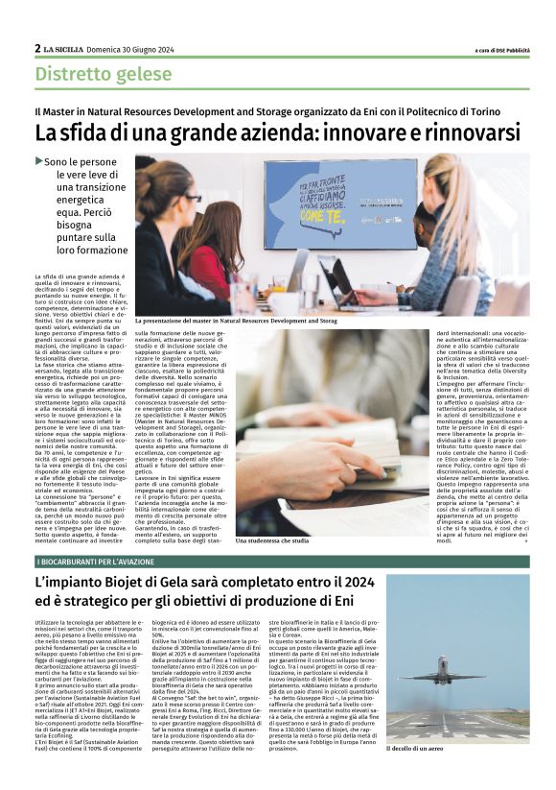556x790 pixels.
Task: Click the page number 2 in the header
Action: [37, 48]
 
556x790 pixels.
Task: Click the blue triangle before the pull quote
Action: [38, 161]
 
